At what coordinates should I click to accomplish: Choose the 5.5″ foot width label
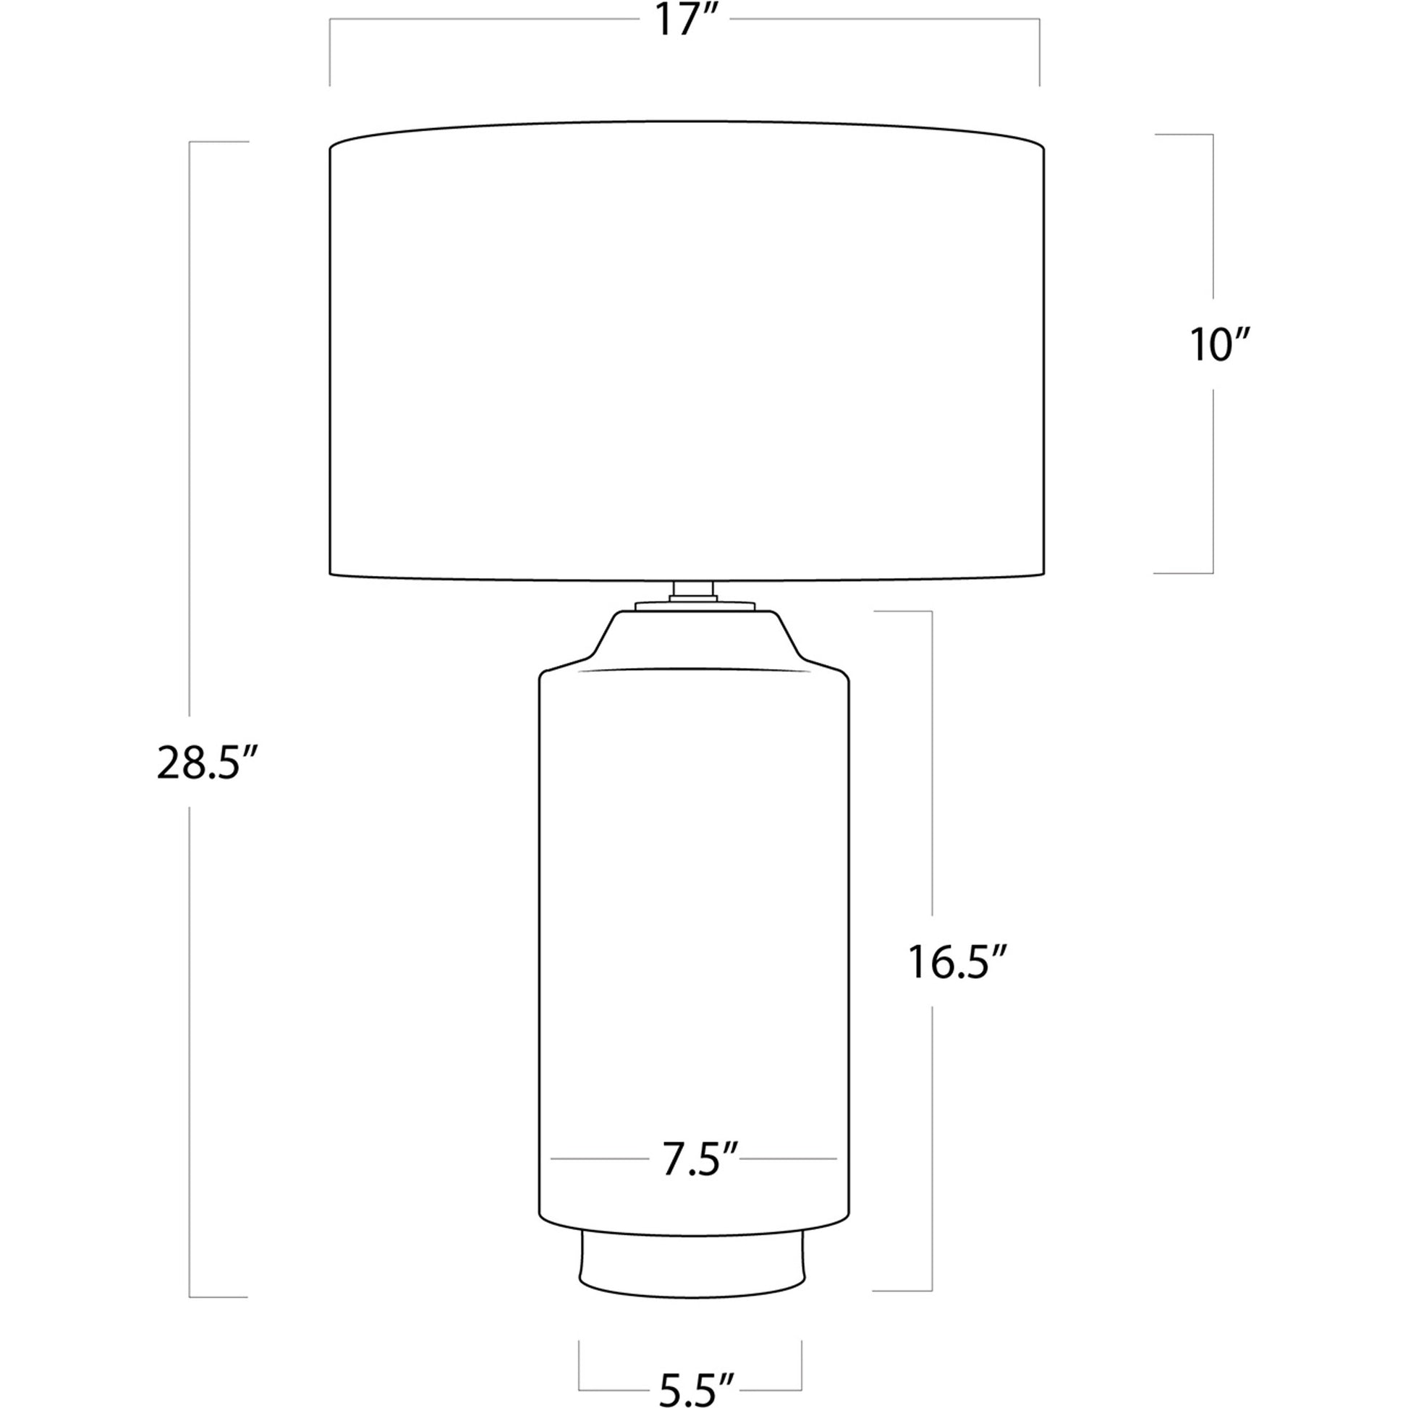696,1389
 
